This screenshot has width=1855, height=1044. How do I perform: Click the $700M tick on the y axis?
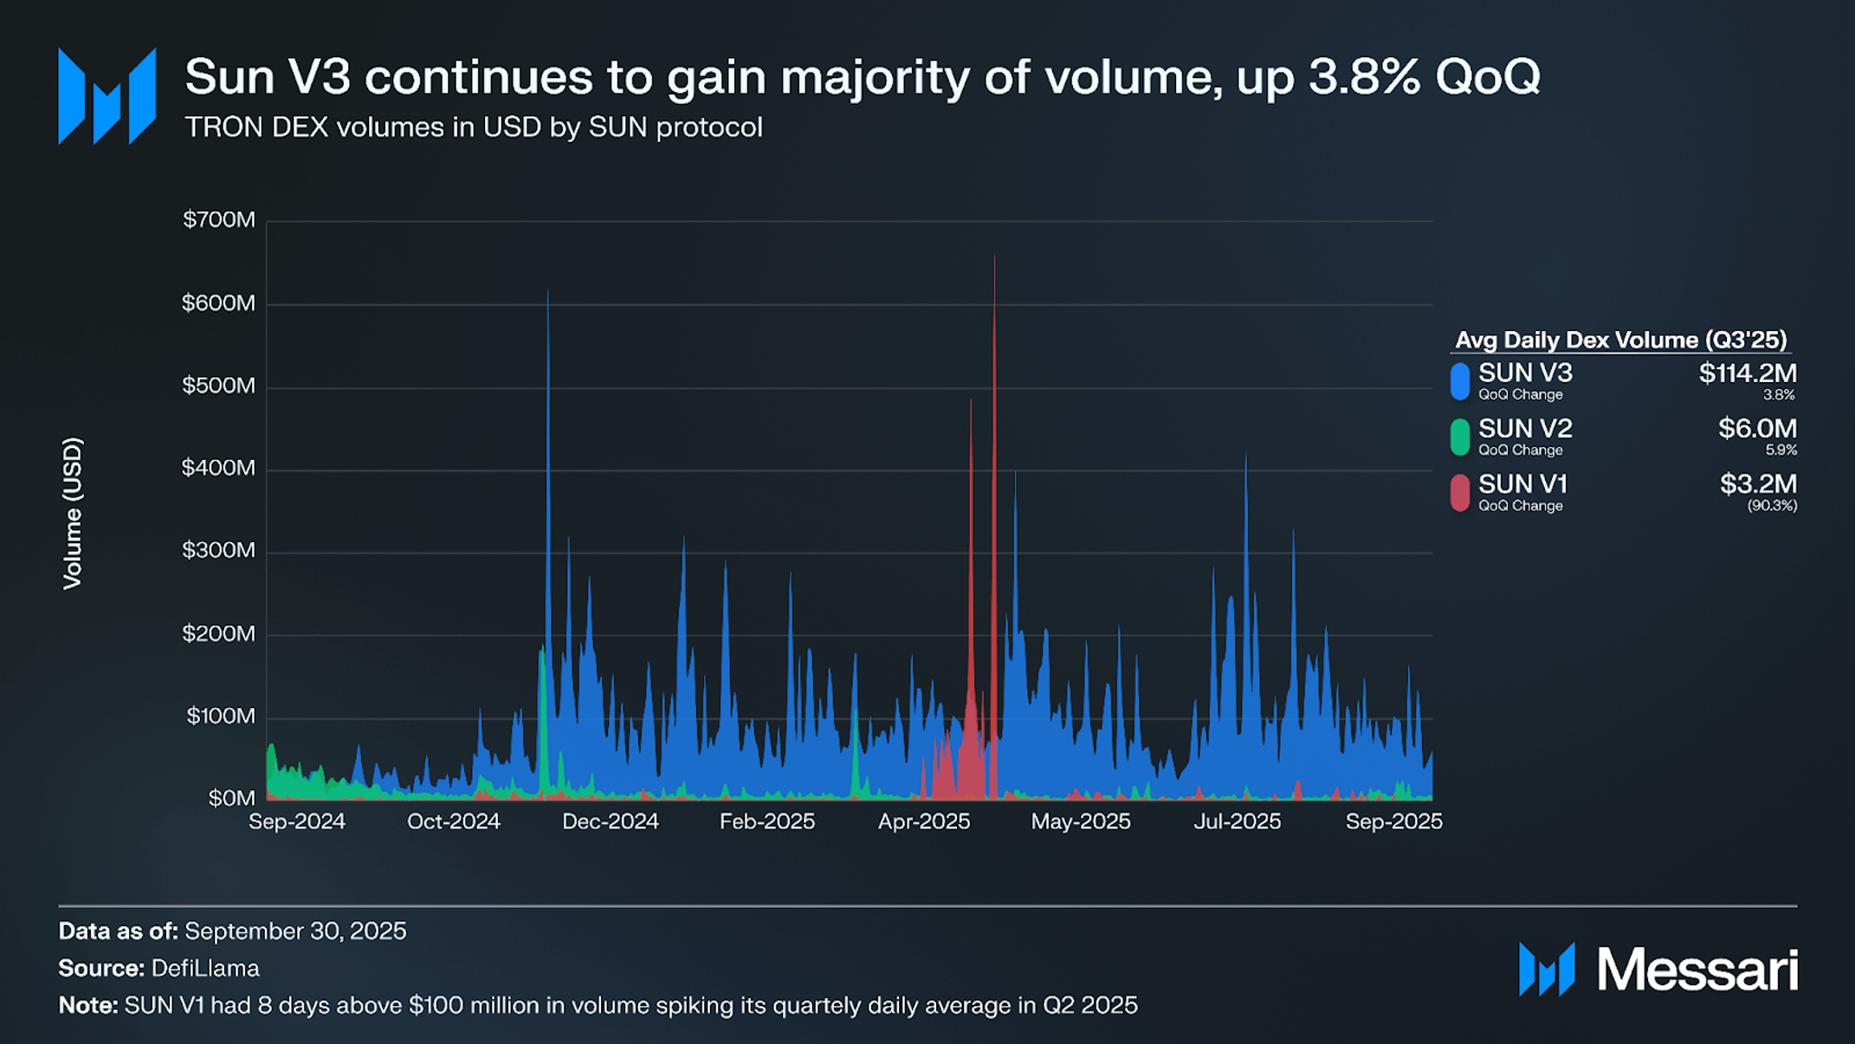[x=219, y=220]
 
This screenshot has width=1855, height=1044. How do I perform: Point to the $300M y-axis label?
[x=219, y=551]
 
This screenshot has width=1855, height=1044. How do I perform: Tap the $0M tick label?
[x=231, y=799]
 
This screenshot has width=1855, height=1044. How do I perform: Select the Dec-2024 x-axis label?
[x=611, y=822]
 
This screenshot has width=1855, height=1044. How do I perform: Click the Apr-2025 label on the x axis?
[x=924, y=822]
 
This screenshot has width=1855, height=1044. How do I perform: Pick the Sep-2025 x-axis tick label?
[x=1393, y=822]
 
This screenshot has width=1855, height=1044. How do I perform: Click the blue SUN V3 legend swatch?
[x=1460, y=381]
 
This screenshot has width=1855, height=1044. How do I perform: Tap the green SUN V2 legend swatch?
[x=1460, y=437]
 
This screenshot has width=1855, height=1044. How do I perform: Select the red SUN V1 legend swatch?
[x=1460, y=492]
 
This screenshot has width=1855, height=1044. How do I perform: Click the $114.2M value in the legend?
[x=1748, y=373]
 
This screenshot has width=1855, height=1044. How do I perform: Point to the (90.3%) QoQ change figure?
[x=1772, y=506]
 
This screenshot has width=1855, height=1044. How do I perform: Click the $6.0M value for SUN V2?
[x=1757, y=429]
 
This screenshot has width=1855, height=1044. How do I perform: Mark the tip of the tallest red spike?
[x=994, y=256]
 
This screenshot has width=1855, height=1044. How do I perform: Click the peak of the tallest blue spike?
[x=548, y=292]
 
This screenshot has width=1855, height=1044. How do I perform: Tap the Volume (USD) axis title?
[x=73, y=514]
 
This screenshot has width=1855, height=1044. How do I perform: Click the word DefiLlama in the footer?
[x=205, y=969]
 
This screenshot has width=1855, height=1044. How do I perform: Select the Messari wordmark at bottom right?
[x=1697, y=969]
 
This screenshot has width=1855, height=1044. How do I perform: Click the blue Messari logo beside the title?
[x=107, y=96]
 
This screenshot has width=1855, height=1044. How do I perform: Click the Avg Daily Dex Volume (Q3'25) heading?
[x=1620, y=340]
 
